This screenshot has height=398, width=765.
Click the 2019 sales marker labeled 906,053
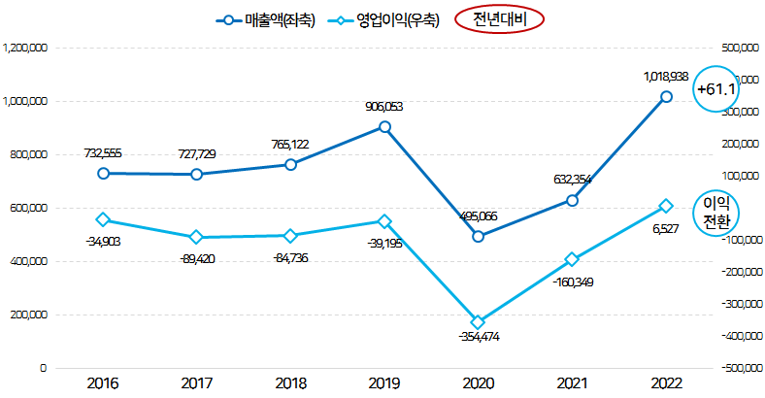coord(384,127)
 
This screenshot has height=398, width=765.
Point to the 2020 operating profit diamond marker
coord(478,322)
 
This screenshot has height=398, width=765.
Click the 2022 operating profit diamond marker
coord(666,206)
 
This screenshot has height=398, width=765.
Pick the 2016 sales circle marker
coord(103,173)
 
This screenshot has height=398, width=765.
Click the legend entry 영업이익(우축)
coord(383,19)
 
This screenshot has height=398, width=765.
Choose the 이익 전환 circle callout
coord(716,212)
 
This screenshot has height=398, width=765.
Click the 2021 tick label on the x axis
coord(573,384)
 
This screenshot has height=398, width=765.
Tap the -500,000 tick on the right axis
coord(741,369)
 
